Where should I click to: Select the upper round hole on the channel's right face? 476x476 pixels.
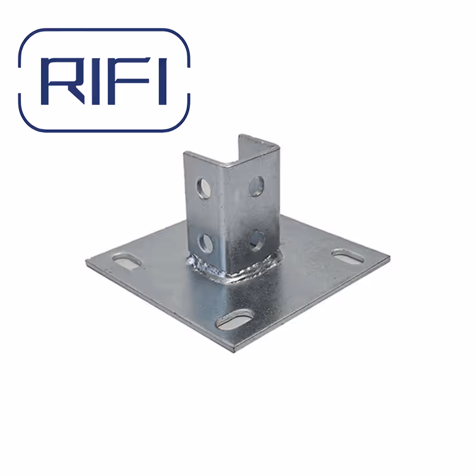tap(256, 186)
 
